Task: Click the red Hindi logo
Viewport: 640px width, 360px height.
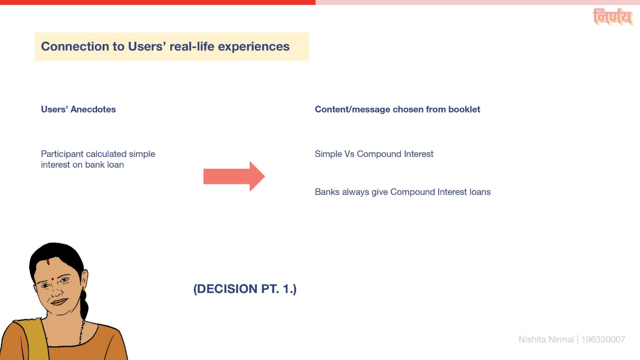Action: point(612,16)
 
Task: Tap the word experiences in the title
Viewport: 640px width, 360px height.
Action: point(254,47)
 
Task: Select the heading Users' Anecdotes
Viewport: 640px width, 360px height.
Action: point(78,109)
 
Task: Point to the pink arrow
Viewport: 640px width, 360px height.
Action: point(234,176)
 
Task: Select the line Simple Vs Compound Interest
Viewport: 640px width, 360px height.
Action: point(374,154)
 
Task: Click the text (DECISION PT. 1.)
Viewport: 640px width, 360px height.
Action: point(245,289)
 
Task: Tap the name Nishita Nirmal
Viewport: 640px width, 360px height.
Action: point(546,339)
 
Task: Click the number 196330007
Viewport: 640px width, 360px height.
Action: point(603,339)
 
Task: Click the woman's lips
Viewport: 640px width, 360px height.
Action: point(59,302)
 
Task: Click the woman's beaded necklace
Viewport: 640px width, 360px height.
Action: point(82,332)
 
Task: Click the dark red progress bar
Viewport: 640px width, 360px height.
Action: point(158,2)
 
